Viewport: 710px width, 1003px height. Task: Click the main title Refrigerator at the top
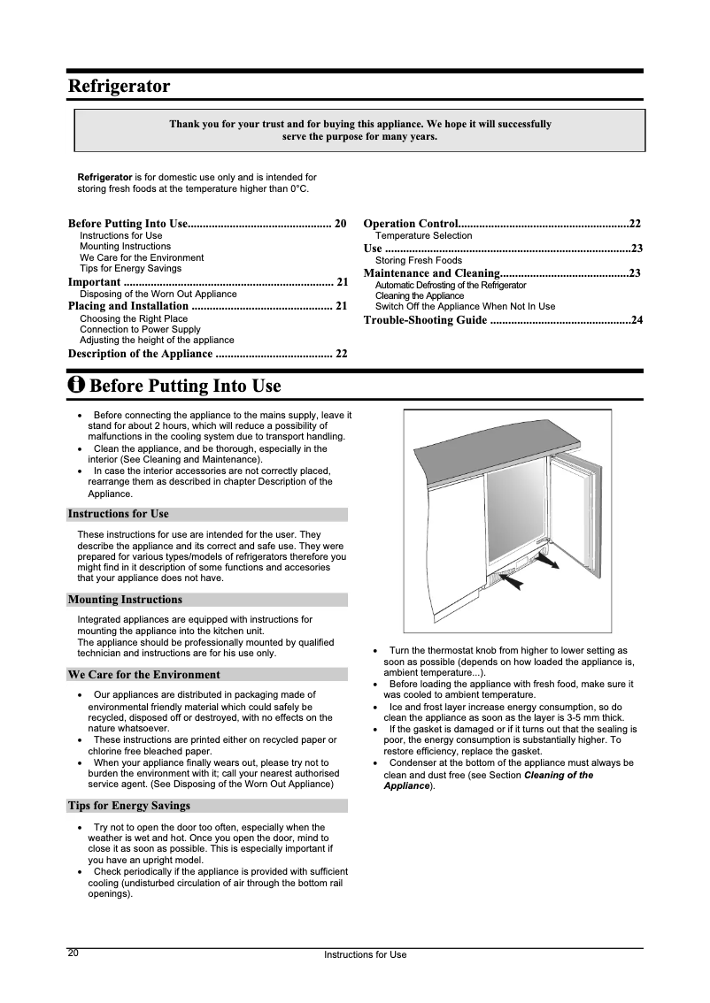[x=120, y=87]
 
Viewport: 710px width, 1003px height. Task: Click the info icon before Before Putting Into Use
[x=77, y=387]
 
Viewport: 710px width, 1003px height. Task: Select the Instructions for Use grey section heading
[x=118, y=514]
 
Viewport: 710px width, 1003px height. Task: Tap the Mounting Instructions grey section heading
[x=125, y=600]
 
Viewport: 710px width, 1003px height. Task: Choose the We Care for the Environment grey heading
[x=143, y=674]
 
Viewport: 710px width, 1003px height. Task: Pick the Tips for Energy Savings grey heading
[x=129, y=806]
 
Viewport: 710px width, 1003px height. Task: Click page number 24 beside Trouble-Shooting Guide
[x=636, y=319]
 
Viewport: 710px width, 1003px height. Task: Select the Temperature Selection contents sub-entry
[x=423, y=236]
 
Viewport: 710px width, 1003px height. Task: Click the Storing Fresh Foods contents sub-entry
[x=418, y=261]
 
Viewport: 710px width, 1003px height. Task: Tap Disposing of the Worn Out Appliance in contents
[x=158, y=294]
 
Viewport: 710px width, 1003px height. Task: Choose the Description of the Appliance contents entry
[x=140, y=354]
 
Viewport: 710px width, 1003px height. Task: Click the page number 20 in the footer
[x=73, y=953]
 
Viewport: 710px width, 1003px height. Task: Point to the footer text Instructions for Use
[x=365, y=954]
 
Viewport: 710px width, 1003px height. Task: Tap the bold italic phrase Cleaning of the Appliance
[x=558, y=776]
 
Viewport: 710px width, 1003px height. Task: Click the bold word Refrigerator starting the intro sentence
[x=104, y=178]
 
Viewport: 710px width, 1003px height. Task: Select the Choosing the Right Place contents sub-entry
[x=134, y=318]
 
